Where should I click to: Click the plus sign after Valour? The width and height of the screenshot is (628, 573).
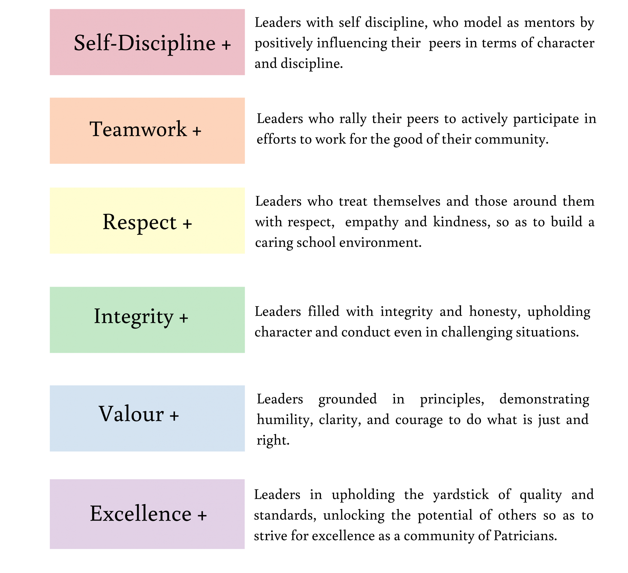pos(174,416)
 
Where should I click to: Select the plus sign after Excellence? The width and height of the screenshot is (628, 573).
pos(202,516)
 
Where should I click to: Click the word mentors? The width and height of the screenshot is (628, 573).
pos(549,23)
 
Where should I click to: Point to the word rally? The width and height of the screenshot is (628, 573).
pos(353,119)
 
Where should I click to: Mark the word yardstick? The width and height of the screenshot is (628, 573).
pos(461,495)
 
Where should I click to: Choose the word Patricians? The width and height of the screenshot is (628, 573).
pos(525,536)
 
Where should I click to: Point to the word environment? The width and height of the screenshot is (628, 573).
pos(380,243)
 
